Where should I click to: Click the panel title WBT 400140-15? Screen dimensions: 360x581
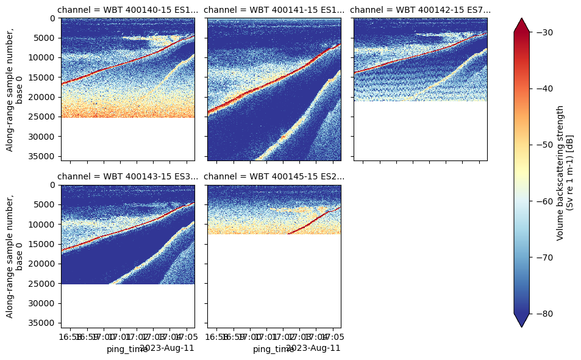127,10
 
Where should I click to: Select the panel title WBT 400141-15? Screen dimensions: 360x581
274,10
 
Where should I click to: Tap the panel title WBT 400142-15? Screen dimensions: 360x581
421,10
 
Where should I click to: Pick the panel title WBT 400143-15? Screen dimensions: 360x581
127,177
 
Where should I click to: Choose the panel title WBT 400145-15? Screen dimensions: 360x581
274,177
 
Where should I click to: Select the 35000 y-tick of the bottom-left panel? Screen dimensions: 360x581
43,323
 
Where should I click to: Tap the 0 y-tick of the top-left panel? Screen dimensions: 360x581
54,18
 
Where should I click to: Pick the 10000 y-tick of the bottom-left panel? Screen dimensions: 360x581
43,225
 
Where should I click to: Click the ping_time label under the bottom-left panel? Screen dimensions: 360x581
127,349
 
